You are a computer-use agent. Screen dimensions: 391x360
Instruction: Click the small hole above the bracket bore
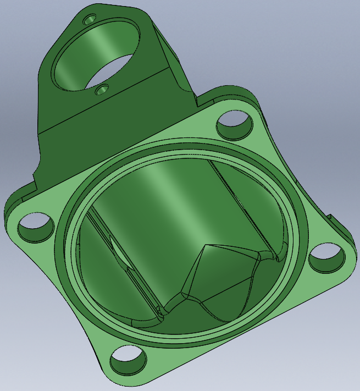pos(89,20)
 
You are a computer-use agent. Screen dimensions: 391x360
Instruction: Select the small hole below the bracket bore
pos(101,89)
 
